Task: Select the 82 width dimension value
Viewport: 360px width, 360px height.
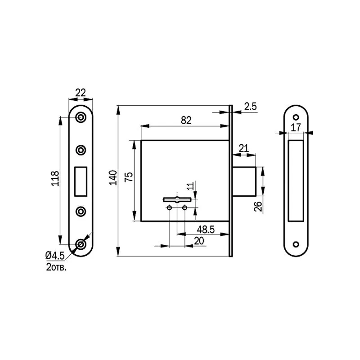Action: pos(186,120)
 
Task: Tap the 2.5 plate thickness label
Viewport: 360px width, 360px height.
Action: pos(250,107)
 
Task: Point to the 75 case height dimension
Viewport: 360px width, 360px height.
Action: pos(129,177)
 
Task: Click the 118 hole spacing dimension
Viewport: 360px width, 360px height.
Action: pos(55,179)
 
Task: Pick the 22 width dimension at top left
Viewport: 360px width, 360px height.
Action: pos(81,93)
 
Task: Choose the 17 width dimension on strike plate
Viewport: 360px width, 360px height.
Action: pos(296,127)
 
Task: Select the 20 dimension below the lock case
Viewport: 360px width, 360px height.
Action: pos(198,241)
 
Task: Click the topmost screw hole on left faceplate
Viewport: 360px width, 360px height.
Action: pos(81,117)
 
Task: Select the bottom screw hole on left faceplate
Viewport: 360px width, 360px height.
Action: pos(81,244)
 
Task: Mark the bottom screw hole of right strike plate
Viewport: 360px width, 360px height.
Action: pos(296,244)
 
